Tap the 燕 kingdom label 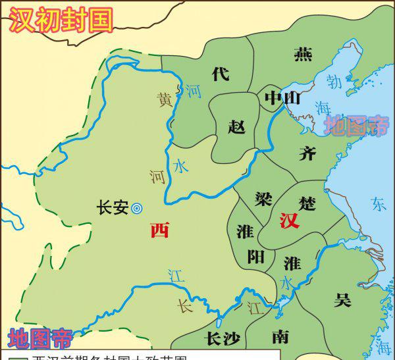click(303, 54)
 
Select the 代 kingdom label click(221, 73)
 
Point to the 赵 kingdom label click(236, 126)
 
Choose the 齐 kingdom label click(307, 154)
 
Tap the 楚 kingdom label click(307, 200)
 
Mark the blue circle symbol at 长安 click(137, 208)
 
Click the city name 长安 click(112, 207)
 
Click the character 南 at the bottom click(280, 337)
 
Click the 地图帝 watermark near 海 click(359, 125)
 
